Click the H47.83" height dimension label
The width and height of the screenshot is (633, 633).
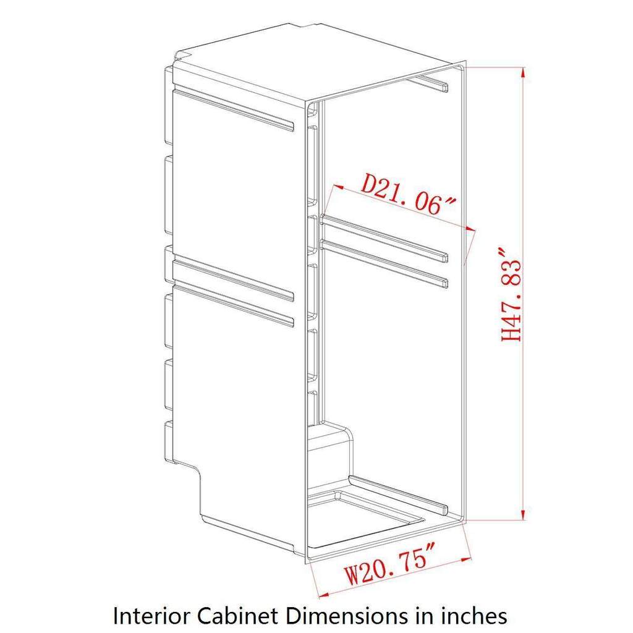tap(511, 295)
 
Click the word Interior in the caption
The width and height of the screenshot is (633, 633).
tap(152, 616)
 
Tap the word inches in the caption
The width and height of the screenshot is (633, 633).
tap(472, 616)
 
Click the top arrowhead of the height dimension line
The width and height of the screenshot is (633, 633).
tap(523, 73)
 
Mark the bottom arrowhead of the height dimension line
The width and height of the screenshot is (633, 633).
tap(523, 514)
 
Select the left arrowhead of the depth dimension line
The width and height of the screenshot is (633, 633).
tap(338, 187)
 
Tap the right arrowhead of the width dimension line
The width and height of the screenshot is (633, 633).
tap(465, 559)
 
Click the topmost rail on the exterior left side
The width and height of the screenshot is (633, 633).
tap(233, 110)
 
